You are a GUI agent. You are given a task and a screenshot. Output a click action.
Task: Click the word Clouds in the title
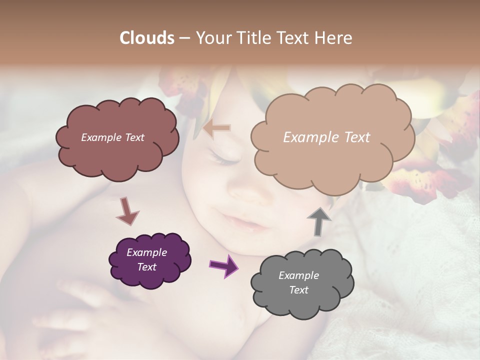coord(146,38)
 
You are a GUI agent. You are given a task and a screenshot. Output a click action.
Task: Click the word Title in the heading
coord(248,38)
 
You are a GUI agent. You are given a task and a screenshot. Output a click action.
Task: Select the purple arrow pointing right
coord(223,266)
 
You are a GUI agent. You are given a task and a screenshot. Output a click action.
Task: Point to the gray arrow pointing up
coord(319,220)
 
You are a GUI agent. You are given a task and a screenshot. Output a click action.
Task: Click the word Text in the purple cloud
coord(147,267)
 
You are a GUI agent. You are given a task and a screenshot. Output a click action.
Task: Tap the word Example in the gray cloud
coord(298,275)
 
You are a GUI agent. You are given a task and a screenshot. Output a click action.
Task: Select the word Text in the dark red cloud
coord(133,137)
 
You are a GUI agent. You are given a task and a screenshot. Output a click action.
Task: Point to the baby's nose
coord(245,192)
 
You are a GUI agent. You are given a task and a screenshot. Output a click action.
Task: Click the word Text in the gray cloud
coord(298,290)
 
